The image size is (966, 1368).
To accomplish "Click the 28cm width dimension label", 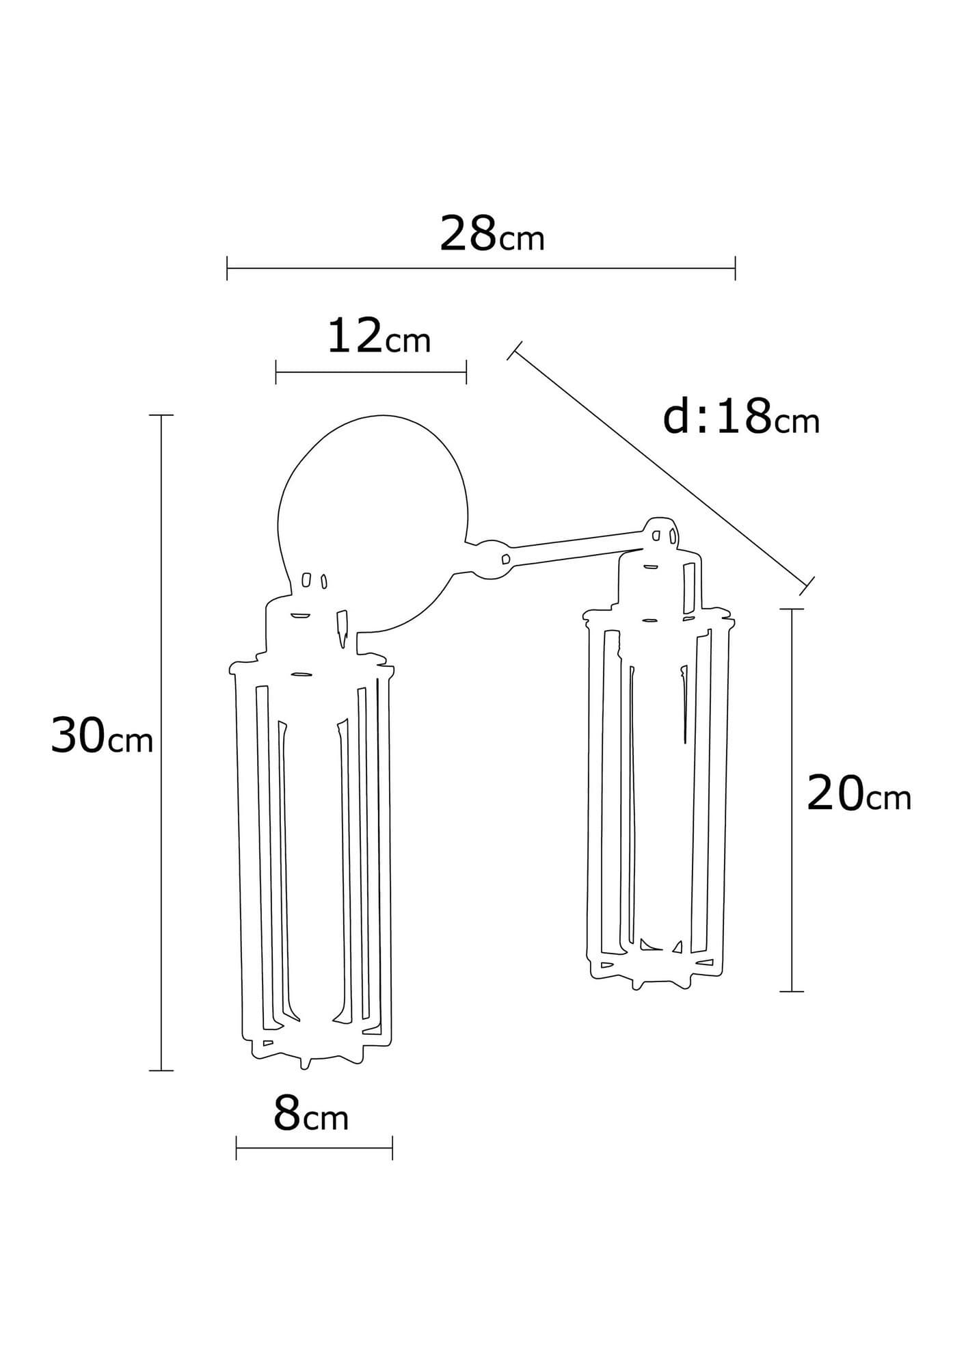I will [x=491, y=235].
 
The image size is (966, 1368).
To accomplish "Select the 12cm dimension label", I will [x=378, y=337].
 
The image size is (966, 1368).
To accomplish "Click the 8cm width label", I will [x=311, y=1114].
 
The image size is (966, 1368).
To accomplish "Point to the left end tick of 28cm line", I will [x=227, y=268].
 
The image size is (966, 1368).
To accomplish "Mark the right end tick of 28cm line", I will [x=735, y=268].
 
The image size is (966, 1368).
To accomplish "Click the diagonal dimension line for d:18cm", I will [x=660, y=468].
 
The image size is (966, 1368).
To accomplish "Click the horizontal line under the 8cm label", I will [x=314, y=1147].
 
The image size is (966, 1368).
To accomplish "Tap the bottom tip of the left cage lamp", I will [x=306, y=1083].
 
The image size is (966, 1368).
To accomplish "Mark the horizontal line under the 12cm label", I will [x=371, y=372].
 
